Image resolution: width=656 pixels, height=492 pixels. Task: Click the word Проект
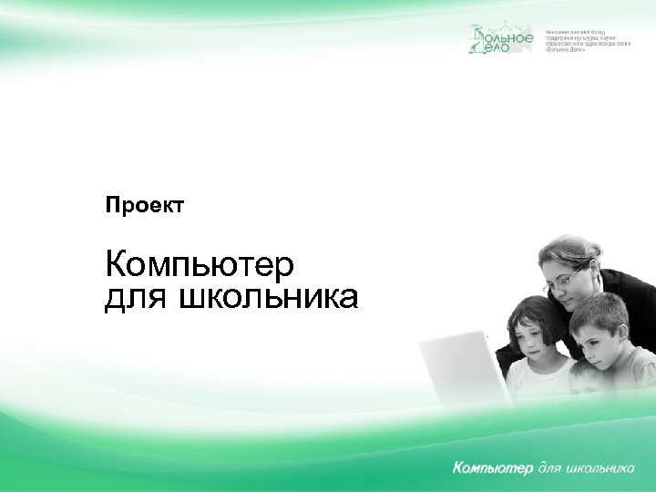pos(145,206)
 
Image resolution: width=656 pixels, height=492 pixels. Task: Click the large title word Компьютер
pos(200,265)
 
